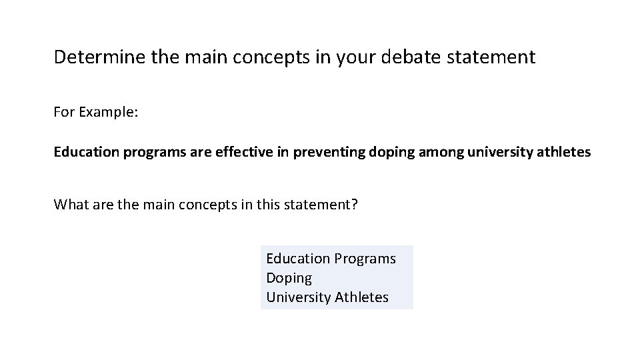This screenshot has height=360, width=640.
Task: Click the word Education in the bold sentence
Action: point(84,152)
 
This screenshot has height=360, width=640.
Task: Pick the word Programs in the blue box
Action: point(365,258)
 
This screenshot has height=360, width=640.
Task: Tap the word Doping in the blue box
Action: point(289,278)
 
